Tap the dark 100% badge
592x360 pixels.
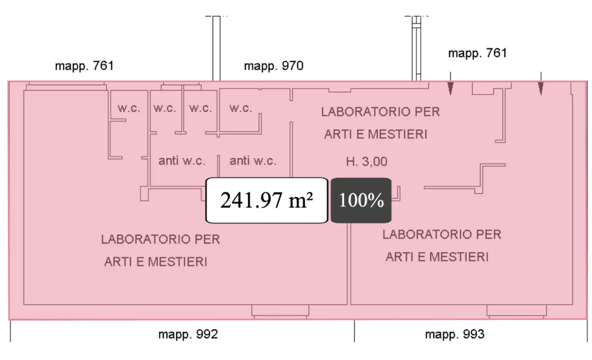(x=361, y=200)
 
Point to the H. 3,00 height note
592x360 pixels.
(x=367, y=161)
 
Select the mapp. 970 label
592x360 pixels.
(x=274, y=66)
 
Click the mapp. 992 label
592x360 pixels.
(x=188, y=334)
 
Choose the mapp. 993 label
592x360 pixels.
(x=454, y=334)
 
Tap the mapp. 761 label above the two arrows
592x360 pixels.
(x=477, y=53)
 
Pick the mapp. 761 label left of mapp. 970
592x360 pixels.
(x=85, y=66)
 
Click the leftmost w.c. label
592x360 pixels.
(x=129, y=108)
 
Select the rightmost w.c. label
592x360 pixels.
(x=241, y=108)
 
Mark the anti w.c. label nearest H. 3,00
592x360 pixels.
(x=253, y=161)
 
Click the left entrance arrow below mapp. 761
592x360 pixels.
(x=450, y=88)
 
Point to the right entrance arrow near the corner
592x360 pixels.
(x=540, y=88)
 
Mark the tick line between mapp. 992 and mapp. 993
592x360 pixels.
(x=354, y=331)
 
